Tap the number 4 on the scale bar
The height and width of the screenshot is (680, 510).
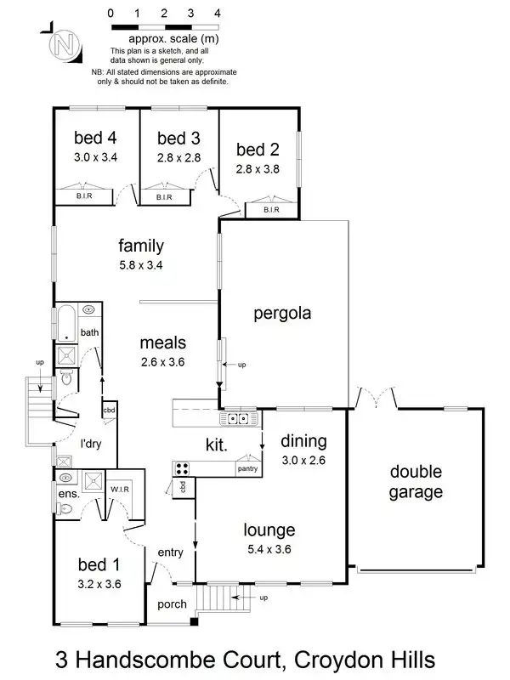tap(218, 14)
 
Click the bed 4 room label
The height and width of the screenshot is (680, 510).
tap(95, 138)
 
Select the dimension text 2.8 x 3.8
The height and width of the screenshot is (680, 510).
tap(258, 169)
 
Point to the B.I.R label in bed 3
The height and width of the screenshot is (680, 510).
tap(164, 197)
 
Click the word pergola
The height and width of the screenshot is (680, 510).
tap(282, 313)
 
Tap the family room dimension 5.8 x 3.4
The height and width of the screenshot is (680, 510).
tap(141, 264)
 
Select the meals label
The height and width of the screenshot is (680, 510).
tap(163, 344)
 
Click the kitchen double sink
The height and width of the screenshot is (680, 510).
tap(237, 418)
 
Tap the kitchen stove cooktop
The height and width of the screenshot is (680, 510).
tap(182, 467)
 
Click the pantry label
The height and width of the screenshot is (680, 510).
tap(247, 468)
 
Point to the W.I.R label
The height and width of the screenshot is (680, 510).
tap(118, 489)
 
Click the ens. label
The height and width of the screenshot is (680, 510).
tap(68, 494)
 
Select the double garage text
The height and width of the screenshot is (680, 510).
tap(416, 481)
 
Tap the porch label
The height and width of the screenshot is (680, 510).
tap(173, 604)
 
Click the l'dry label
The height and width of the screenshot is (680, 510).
tap(92, 445)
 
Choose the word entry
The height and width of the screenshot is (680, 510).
tap(170, 552)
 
